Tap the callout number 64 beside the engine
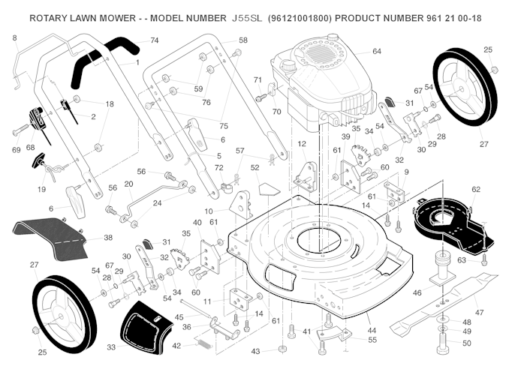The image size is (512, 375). pyautogui.click(x=377, y=51)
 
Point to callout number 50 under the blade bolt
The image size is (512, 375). pyautogui.click(x=467, y=343)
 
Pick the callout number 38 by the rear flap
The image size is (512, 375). pyautogui.click(x=108, y=237)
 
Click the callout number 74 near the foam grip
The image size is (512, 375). pyautogui.click(x=155, y=40)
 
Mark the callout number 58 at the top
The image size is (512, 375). pyautogui.click(x=242, y=40)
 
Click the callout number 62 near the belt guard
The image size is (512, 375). pyautogui.click(x=475, y=190)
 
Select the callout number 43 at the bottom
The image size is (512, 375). pyautogui.click(x=256, y=350)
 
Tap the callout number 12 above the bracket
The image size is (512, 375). pyautogui.click(x=302, y=143)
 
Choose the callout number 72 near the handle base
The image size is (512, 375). pyautogui.click(x=218, y=167)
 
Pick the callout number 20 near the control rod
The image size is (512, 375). pyautogui.click(x=128, y=184)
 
